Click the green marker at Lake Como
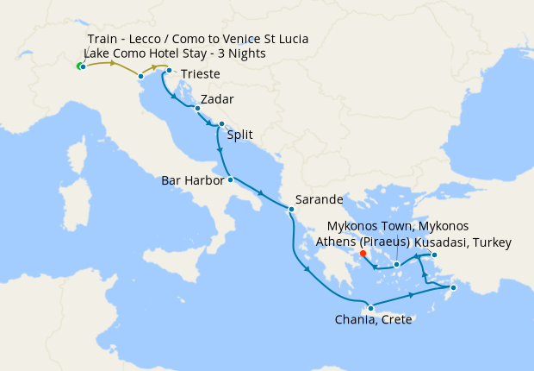[80, 66]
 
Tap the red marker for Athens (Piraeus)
[363, 254]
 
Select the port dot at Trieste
[169, 71]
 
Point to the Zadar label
[216, 99]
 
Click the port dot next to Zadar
[197, 109]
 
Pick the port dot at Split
[221, 124]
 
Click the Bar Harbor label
[193, 181]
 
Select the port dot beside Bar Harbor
[230, 180]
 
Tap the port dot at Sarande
[291, 209]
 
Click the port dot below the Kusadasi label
[434, 255]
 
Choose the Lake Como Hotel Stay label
[174, 53]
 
